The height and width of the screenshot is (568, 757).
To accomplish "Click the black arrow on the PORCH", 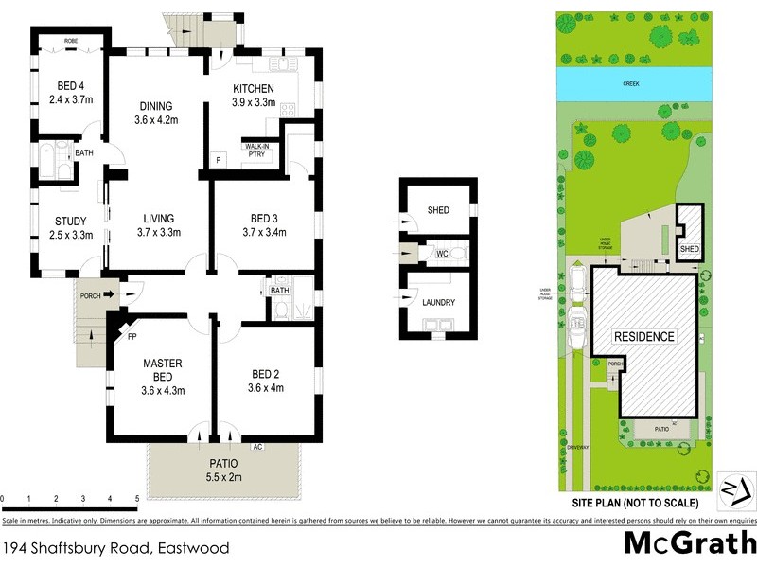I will point(109,295).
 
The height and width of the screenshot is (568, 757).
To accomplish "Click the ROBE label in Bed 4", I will point(71,41).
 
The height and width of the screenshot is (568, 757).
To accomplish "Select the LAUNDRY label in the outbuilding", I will point(438,303).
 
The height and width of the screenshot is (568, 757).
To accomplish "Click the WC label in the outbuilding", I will point(441,254).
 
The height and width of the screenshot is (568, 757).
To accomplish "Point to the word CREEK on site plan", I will point(631,84).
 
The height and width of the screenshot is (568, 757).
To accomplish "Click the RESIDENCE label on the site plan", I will point(644,336).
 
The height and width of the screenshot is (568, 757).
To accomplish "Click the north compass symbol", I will point(735,488).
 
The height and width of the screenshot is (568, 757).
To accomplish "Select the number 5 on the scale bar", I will point(137,498).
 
